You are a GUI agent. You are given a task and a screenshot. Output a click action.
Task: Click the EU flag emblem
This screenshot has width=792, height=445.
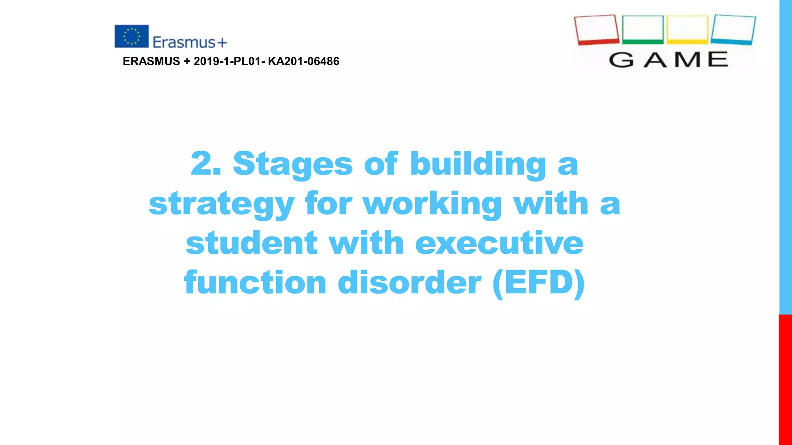point(131,36)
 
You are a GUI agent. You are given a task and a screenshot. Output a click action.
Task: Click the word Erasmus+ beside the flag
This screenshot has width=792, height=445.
point(189,42)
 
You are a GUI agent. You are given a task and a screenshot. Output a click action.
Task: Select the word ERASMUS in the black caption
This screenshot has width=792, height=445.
point(151,61)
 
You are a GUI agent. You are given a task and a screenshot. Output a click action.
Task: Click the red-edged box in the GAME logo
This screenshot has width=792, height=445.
point(596,30)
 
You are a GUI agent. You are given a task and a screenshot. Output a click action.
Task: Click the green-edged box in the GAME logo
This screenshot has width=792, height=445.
point(643,29)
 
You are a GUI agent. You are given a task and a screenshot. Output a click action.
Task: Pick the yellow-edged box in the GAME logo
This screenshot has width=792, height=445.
point(688,29)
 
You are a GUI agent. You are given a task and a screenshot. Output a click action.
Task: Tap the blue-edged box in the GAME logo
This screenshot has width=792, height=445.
point(733,30)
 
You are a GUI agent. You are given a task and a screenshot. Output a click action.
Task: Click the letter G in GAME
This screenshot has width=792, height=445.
point(621,60)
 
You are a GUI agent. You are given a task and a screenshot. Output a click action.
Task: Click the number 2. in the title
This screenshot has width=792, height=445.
point(206,164)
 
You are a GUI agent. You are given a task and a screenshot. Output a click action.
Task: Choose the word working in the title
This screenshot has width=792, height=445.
point(432,204)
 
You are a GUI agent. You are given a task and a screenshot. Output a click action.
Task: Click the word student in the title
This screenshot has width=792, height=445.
point(252,243)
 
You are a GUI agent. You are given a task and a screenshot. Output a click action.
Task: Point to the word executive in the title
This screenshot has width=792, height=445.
point(499,243)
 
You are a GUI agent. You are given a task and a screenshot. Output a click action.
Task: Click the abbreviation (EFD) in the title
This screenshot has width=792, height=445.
point(539,283)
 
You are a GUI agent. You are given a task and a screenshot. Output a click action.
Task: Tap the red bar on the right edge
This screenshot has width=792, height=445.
point(785,379)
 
